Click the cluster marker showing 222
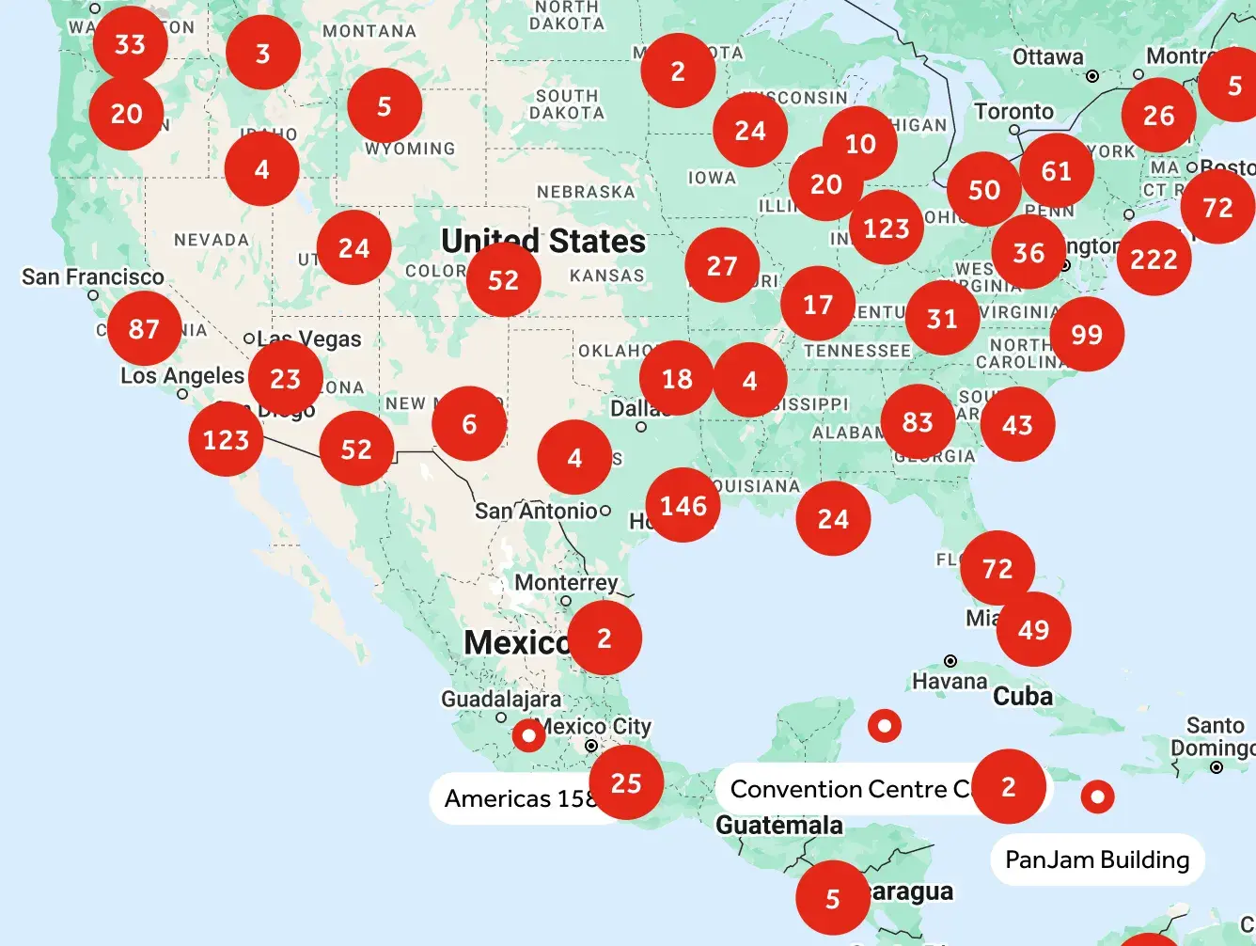point(1154,259)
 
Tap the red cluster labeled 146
point(683,505)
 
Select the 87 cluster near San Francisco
point(144,328)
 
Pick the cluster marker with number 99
point(1086,334)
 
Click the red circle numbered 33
point(130,43)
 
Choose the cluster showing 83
point(918,422)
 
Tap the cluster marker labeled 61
point(1057,170)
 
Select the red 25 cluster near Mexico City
point(626,782)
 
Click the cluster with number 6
point(469,423)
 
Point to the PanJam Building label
point(1097,859)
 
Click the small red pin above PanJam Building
point(1097,796)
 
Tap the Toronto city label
point(1013,111)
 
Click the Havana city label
point(950,681)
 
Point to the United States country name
point(543,241)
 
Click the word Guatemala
point(779,825)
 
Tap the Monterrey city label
point(566,582)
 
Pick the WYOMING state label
point(410,149)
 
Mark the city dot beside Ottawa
point(1092,76)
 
